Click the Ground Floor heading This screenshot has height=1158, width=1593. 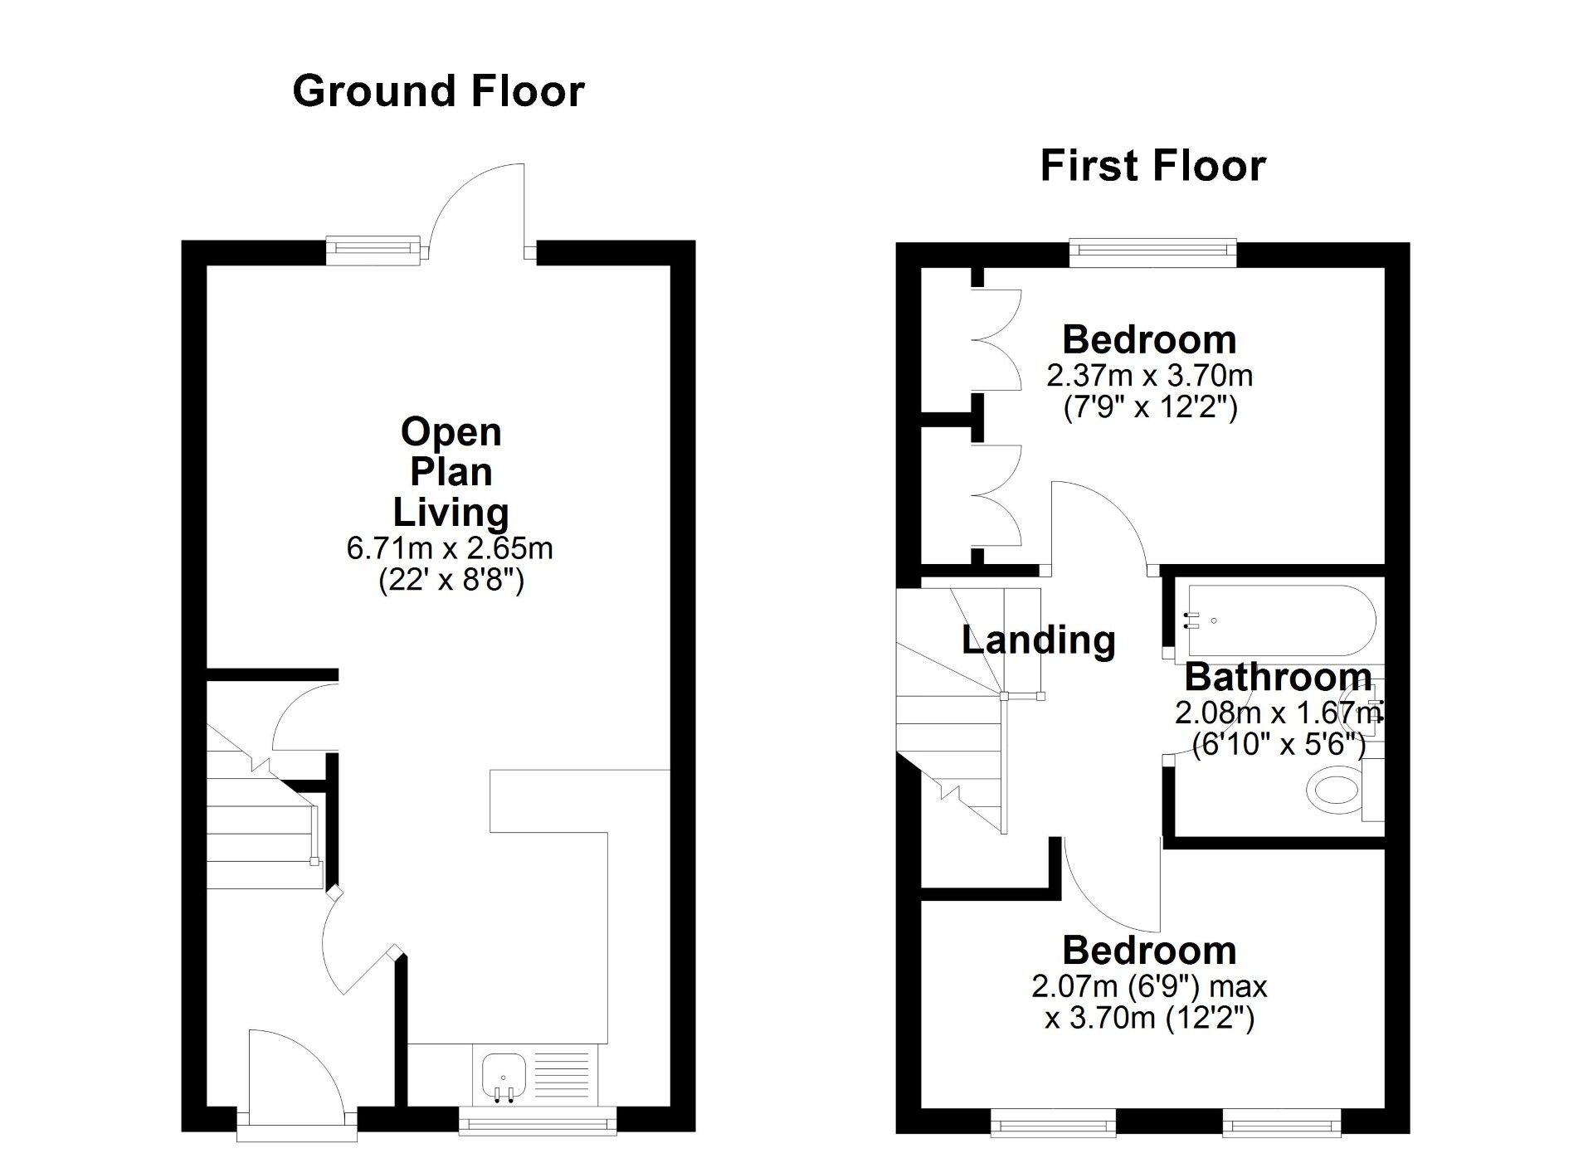tap(438, 91)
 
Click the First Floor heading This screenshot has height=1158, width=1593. tap(1153, 165)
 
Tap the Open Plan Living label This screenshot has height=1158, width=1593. tap(451, 472)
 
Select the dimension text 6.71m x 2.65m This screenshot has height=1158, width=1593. tap(450, 548)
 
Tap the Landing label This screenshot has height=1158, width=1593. tap(1039, 640)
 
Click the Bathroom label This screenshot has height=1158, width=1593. tap(1278, 678)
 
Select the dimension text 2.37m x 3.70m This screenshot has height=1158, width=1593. tap(1150, 376)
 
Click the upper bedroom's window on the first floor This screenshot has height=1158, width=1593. tap(1153, 252)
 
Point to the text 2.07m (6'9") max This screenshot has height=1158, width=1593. tap(1149, 987)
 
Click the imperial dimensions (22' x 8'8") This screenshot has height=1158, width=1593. tap(451, 581)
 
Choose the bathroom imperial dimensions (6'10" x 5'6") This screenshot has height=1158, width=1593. tap(1279, 745)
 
